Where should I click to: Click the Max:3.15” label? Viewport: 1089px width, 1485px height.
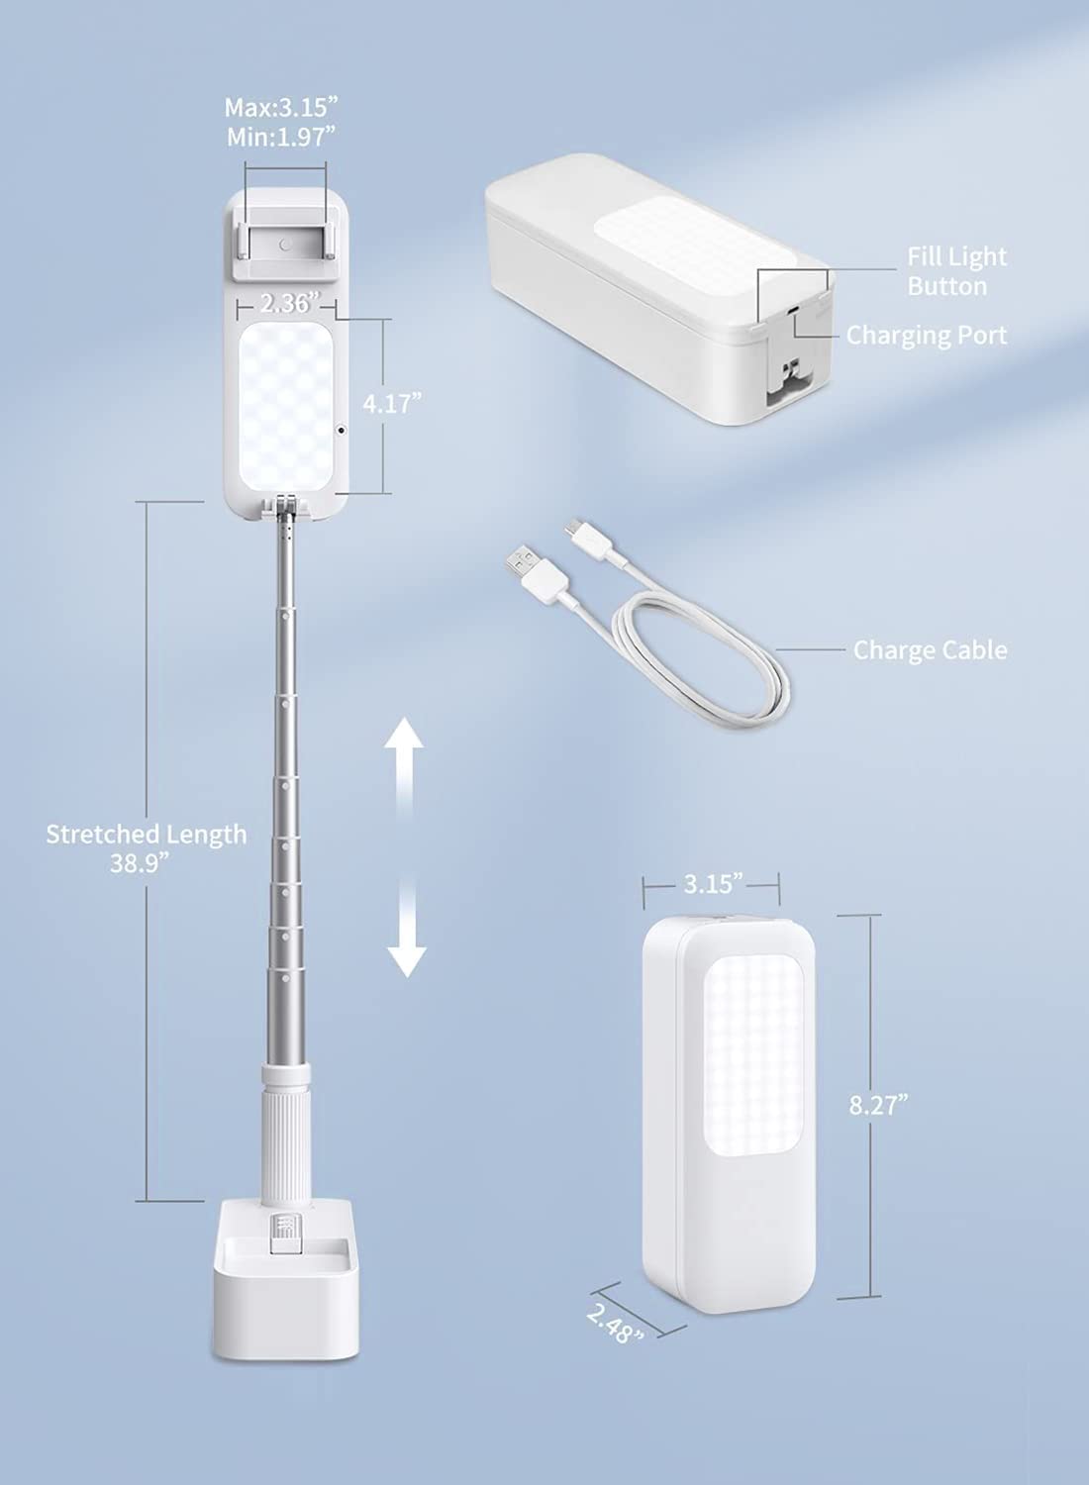(x=281, y=107)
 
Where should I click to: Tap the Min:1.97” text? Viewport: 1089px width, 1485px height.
(x=281, y=138)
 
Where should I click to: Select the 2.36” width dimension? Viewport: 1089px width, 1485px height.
(x=286, y=304)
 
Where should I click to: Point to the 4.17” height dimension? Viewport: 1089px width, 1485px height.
(x=392, y=404)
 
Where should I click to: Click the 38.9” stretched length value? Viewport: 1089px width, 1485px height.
(x=140, y=862)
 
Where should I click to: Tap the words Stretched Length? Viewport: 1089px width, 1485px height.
(x=146, y=834)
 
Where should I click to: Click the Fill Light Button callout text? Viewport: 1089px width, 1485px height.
(x=956, y=271)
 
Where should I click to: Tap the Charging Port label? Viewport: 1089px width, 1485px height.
(x=927, y=336)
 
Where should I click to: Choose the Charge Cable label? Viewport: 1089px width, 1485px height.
(x=930, y=649)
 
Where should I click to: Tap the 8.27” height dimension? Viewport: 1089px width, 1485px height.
(x=878, y=1105)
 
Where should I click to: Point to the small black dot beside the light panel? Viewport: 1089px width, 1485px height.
(x=342, y=430)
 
